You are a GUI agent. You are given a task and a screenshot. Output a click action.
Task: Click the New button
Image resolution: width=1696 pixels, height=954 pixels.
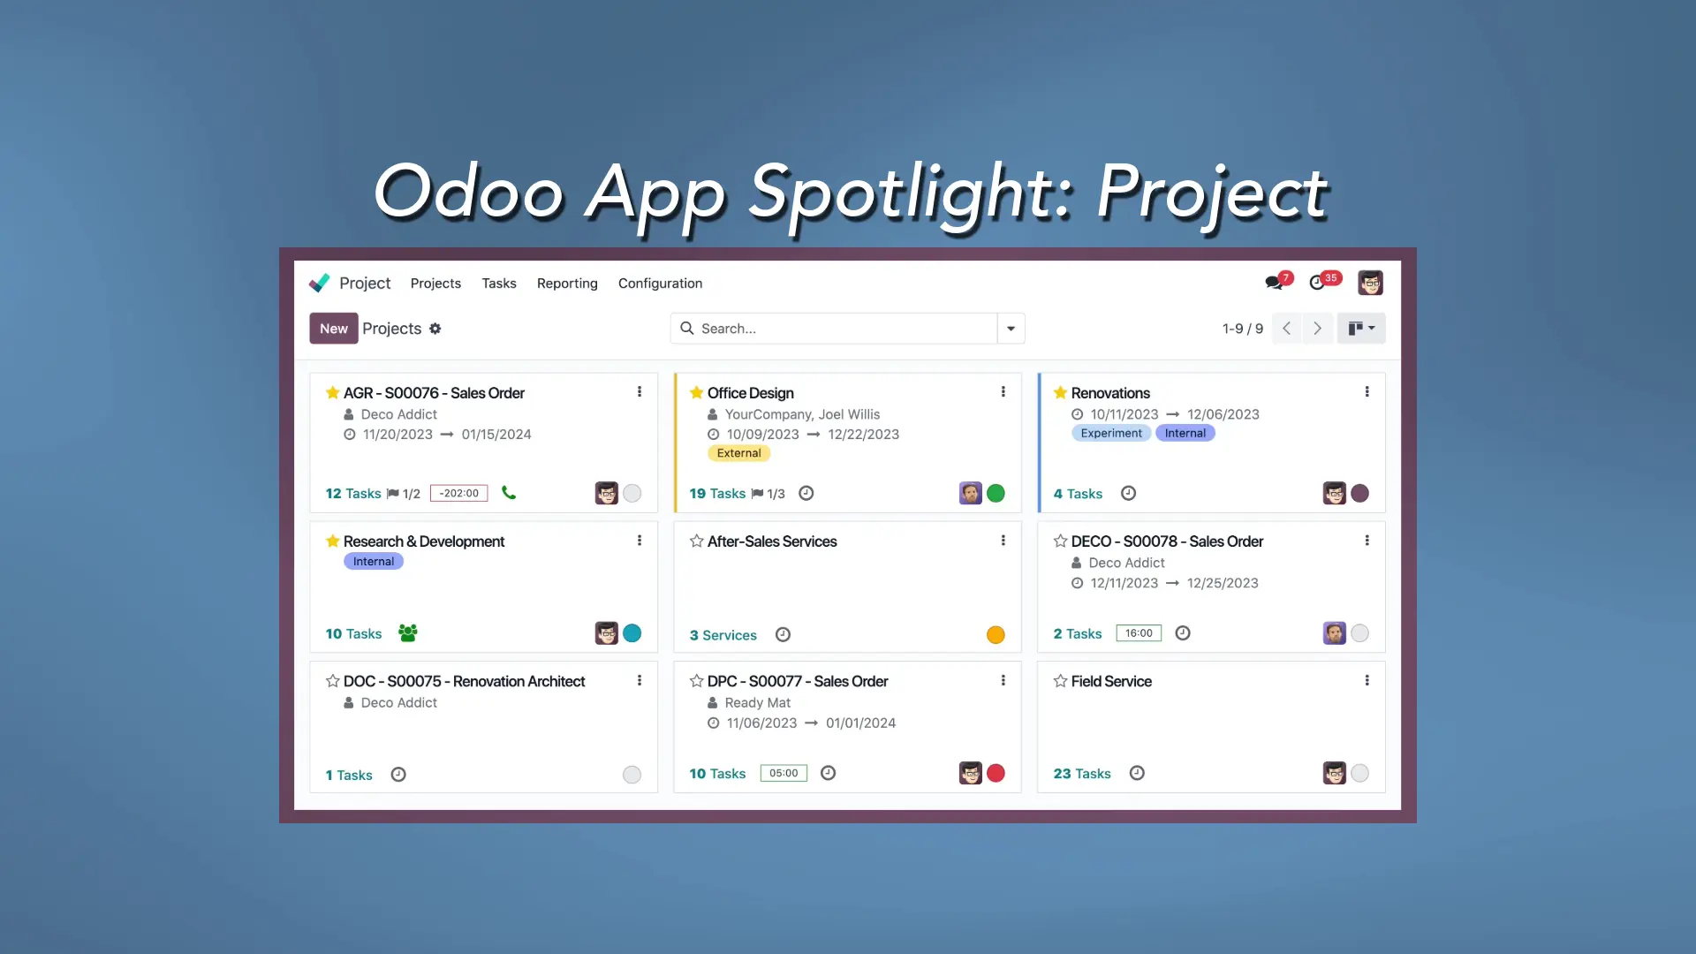(333, 329)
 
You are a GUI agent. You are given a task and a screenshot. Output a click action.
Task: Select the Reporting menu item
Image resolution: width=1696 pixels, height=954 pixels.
(567, 284)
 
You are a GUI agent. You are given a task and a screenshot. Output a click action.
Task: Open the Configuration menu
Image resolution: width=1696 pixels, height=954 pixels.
(660, 284)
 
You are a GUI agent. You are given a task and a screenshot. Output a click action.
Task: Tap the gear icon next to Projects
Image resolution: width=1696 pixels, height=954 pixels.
(435, 329)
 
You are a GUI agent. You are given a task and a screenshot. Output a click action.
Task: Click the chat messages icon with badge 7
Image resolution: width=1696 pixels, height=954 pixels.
(1274, 283)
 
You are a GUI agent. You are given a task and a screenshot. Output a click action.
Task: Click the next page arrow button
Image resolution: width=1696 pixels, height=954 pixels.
(1317, 329)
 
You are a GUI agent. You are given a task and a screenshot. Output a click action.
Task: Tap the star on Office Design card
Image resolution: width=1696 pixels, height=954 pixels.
(696, 392)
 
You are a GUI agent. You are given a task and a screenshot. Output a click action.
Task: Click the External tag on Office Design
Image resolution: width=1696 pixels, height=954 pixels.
(738, 453)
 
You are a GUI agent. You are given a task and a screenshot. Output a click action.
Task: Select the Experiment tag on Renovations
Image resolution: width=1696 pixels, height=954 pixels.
(1110, 433)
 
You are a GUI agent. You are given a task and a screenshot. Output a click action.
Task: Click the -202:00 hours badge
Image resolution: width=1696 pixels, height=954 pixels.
(458, 494)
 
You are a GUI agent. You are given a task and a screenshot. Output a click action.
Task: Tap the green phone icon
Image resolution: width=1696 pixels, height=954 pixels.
(509, 493)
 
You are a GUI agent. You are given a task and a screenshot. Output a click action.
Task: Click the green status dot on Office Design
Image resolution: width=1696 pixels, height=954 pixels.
(996, 494)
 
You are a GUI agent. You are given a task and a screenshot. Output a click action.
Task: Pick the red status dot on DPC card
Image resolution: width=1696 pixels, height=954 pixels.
(996, 774)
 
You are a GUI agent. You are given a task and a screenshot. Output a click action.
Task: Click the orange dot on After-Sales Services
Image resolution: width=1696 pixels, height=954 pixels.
(996, 635)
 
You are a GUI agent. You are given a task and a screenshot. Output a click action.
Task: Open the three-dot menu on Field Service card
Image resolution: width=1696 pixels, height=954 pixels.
(1367, 681)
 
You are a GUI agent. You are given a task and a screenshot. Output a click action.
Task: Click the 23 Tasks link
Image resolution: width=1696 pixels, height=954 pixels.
(1081, 774)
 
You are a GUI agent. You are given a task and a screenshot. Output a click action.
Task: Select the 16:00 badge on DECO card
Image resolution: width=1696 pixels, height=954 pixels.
(1139, 633)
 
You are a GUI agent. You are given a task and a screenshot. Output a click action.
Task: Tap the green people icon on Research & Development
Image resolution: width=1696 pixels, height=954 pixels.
(407, 633)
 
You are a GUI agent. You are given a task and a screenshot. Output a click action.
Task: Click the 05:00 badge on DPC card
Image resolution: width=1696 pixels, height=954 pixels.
(784, 774)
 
